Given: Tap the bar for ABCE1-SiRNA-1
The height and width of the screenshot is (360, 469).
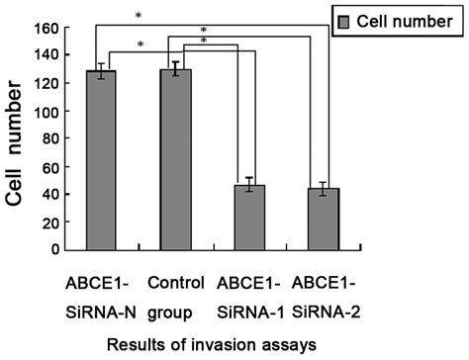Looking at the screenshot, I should [254, 218].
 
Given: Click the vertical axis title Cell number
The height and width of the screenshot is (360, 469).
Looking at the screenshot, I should [16, 137].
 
